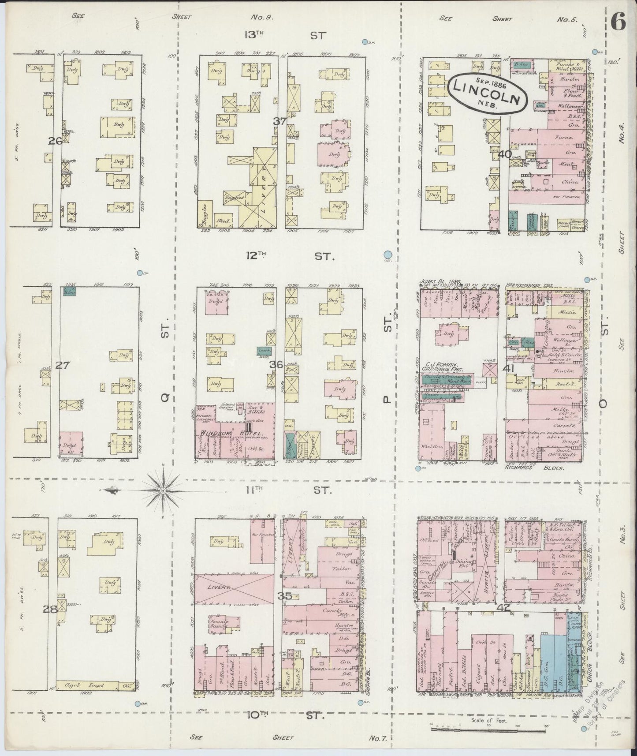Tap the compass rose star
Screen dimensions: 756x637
[x=163, y=490]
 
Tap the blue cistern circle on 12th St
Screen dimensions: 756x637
[x=387, y=254]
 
